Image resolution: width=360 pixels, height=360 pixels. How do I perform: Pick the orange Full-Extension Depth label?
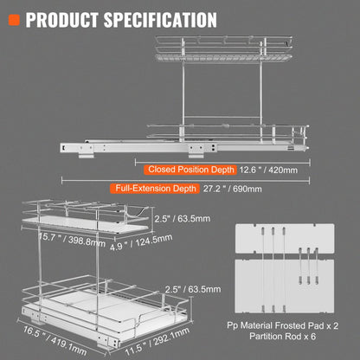[x=153, y=187]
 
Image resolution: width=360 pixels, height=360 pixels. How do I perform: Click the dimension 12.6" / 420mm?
[x=268, y=170]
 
